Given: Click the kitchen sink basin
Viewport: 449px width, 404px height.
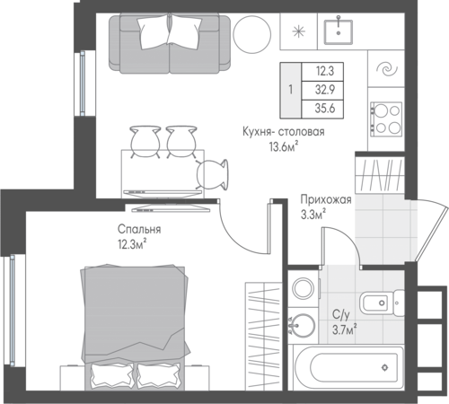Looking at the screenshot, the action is click(x=339, y=31).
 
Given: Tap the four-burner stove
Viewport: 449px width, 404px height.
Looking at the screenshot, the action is click(x=386, y=119).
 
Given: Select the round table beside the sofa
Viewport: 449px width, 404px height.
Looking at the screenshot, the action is click(x=252, y=34).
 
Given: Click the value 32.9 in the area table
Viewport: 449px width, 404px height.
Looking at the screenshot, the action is click(x=325, y=90).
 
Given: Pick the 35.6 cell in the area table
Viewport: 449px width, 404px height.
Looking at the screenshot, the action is click(x=325, y=108).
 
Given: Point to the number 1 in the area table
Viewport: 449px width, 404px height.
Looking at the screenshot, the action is click(x=290, y=90).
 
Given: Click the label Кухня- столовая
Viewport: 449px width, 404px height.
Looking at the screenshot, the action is click(x=284, y=132).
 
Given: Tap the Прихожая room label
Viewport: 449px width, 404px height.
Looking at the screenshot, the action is click(x=326, y=199).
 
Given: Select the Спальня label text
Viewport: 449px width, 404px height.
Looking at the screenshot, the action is click(x=139, y=229).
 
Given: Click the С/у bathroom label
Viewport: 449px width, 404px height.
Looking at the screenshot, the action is click(x=341, y=314).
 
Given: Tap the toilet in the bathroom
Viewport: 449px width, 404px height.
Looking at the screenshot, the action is click(x=382, y=303).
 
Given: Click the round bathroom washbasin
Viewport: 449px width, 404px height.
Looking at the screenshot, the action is click(x=303, y=325).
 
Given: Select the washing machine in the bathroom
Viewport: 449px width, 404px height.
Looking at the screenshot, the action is click(x=304, y=288).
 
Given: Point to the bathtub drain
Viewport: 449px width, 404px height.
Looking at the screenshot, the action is click(x=385, y=367).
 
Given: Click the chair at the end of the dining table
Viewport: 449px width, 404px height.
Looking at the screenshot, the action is click(x=212, y=174).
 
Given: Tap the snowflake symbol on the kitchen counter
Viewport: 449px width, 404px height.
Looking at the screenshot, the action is click(x=298, y=31).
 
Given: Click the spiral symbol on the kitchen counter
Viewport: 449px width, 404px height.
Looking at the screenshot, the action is click(x=386, y=70).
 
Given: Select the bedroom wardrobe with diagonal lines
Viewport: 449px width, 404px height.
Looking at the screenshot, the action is click(x=264, y=336).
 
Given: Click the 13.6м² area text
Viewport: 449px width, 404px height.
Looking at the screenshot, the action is click(x=284, y=147).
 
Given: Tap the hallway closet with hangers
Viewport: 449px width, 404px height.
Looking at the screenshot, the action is click(x=380, y=176).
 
